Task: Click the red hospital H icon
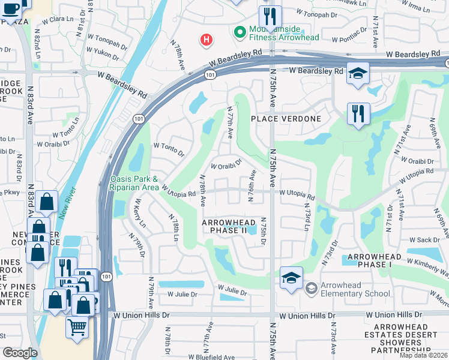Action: (206, 40)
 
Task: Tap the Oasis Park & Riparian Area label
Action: (134, 184)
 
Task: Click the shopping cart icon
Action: (77, 328)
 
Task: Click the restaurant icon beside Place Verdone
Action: (358, 113)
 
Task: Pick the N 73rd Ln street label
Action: (306, 220)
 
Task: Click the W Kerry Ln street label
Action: (141, 213)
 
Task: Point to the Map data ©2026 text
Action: (423, 355)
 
